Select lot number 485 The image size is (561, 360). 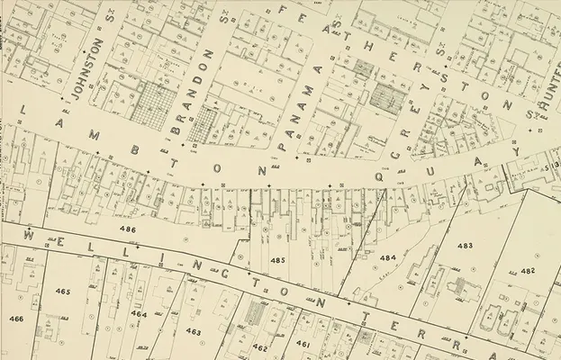coord(277,260)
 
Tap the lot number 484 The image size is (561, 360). coord(387,257)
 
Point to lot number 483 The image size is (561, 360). coord(465,245)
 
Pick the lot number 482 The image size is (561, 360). coord(528,270)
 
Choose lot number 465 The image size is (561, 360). coord(62,292)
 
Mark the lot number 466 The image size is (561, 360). coord(16,319)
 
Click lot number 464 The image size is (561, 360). coord(139,313)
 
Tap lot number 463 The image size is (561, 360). coord(194,331)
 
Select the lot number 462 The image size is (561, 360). coord(260,346)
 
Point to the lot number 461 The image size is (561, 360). coord(303,344)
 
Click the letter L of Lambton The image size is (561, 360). coord(23,110)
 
